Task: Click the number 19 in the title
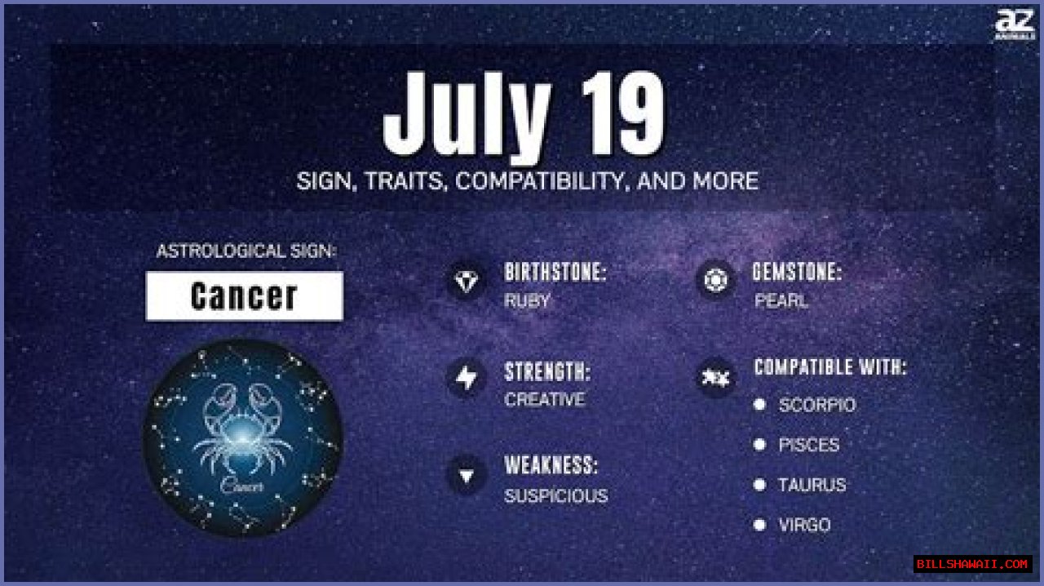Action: point(622,117)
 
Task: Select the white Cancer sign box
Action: point(244,296)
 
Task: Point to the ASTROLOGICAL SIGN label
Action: point(246,251)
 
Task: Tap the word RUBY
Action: point(527,300)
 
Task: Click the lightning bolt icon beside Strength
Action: point(466,379)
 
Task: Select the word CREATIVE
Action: point(544,400)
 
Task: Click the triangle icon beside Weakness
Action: point(466,475)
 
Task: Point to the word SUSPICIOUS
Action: point(555,495)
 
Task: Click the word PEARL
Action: point(781,300)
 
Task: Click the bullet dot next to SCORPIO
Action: point(759,404)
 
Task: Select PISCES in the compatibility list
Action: point(808,445)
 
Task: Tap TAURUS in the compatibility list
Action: point(812,485)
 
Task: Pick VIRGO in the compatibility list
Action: point(803,525)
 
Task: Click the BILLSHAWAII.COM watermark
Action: point(972,564)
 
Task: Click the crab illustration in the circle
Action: point(242,437)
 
